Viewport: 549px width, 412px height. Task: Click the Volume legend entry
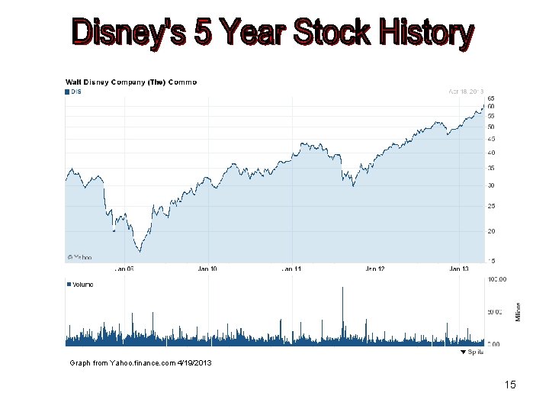(x=81, y=284)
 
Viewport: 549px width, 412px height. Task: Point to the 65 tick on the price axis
(x=491, y=98)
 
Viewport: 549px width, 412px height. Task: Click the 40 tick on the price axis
(x=491, y=153)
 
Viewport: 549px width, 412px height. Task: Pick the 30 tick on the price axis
(x=491, y=185)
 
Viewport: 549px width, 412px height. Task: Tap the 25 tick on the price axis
(x=491, y=206)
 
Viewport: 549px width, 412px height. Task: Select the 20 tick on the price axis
(x=491, y=231)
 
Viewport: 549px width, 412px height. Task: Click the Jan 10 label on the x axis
(x=207, y=269)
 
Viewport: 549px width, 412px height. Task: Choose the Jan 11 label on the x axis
(x=291, y=269)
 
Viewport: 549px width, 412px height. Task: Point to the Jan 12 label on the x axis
(x=375, y=269)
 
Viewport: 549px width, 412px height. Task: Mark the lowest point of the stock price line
(x=139, y=251)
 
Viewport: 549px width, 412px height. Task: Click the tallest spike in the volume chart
(x=342, y=288)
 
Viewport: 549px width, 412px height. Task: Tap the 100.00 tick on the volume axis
(x=497, y=279)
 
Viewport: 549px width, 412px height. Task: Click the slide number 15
(x=510, y=385)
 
